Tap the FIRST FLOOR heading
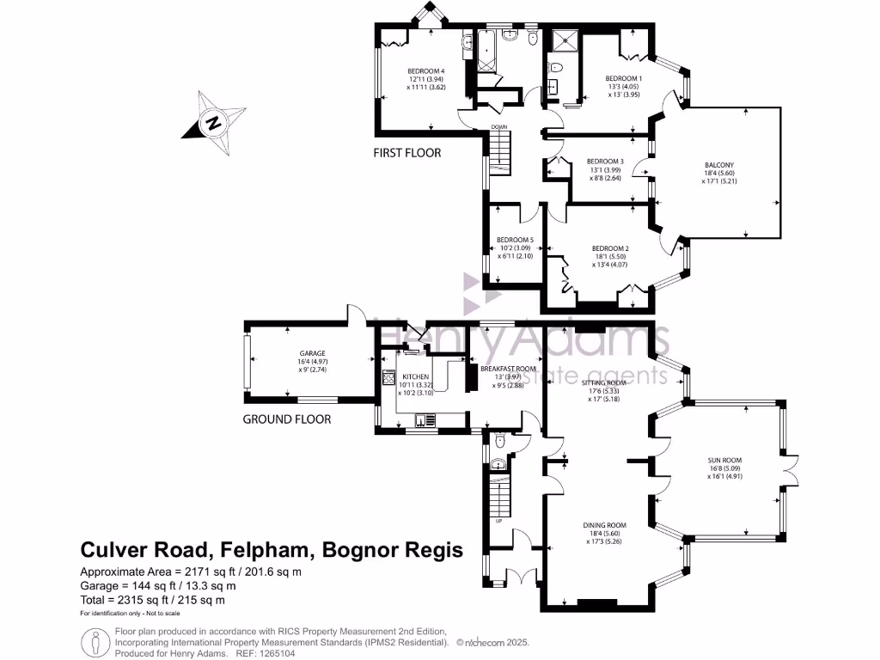(406, 153)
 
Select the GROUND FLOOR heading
(286, 420)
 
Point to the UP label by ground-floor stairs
(498, 521)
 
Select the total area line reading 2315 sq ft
(152, 600)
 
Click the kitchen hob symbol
(388, 376)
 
